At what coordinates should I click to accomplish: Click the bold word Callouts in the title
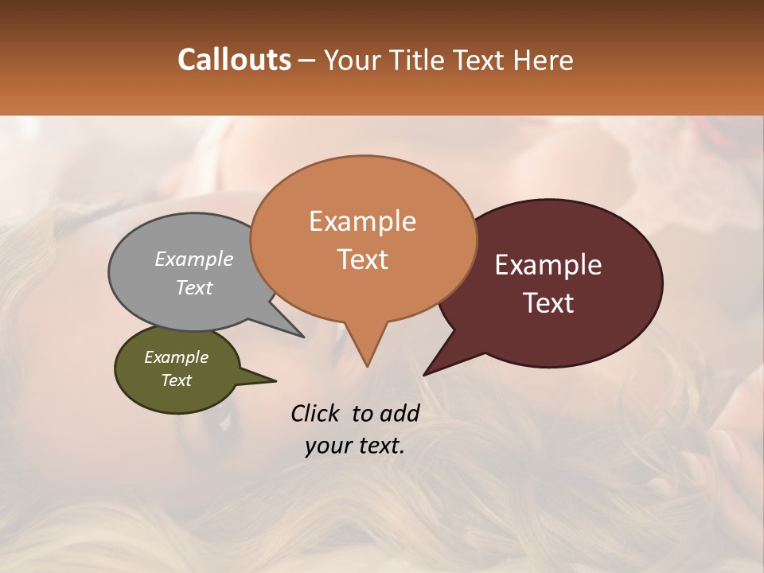click(234, 60)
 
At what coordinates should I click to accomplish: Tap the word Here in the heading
click(541, 60)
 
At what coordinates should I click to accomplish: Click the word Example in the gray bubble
click(194, 259)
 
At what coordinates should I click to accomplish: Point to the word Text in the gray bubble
click(194, 287)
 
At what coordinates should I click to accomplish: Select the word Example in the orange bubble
click(362, 221)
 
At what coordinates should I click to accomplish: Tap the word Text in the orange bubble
click(362, 259)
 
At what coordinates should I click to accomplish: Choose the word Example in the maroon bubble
click(548, 265)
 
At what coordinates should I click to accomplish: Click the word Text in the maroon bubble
click(548, 303)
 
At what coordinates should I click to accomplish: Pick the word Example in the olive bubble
click(177, 357)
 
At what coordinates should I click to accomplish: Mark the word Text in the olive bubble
click(177, 380)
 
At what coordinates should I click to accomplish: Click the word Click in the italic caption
click(316, 413)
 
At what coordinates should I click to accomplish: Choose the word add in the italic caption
click(400, 413)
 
